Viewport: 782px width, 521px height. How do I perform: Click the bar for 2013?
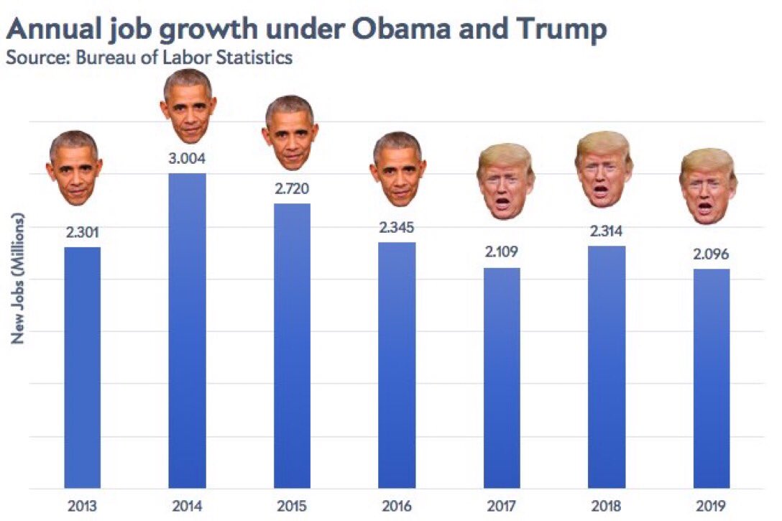click(x=83, y=367)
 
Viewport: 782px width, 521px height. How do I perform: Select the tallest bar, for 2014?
click(x=187, y=331)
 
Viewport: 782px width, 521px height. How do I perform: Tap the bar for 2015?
click(x=292, y=346)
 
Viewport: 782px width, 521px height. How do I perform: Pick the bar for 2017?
click(x=502, y=378)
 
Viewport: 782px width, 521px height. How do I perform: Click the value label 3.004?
click(x=187, y=158)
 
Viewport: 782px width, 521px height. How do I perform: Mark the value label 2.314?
click(x=607, y=231)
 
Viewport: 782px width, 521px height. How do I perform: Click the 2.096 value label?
click(x=712, y=254)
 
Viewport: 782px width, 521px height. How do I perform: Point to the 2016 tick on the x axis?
click(x=397, y=505)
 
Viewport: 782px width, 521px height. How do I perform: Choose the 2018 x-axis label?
click(x=607, y=505)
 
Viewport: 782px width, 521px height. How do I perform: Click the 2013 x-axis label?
click(x=83, y=505)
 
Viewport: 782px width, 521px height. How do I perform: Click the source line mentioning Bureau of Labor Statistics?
click(x=149, y=57)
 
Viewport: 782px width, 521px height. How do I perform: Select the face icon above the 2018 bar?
click(x=604, y=168)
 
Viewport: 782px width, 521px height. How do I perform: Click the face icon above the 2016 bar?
click(x=397, y=168)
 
